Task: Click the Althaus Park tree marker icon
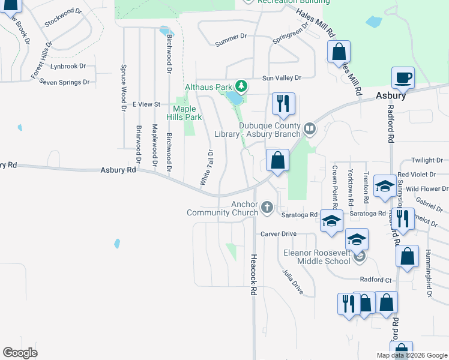point(241,86)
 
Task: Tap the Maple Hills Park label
point(184,113)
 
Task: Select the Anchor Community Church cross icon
point(267,208)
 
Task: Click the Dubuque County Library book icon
point(309,127)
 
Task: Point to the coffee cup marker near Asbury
point(403,77)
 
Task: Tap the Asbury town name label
point(391,95)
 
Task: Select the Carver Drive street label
point(278,233)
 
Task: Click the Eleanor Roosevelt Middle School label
point(316,256)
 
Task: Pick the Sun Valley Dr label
point(280,78)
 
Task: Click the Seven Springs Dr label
point(64,82)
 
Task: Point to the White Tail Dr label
point(206,166)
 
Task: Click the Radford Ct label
point(376,280)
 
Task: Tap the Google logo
point(20,353)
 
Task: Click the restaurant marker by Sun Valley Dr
point(283,103)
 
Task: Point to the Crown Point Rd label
point(335,184)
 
